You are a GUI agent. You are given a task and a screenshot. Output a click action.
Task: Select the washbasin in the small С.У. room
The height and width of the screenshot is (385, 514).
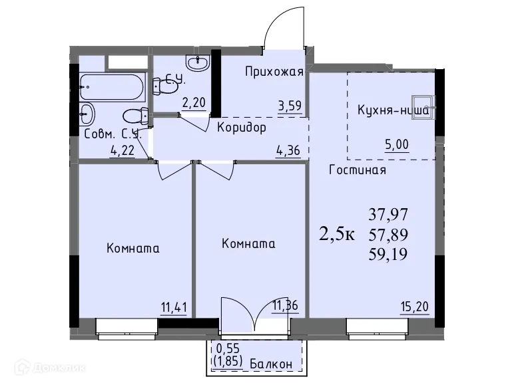(197, 63)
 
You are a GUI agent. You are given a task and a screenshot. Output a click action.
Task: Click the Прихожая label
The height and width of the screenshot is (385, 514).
(274, 72)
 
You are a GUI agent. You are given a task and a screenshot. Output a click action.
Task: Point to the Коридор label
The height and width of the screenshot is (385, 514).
(241, 127)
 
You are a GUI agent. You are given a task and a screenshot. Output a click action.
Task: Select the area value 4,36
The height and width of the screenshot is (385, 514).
(288, 150)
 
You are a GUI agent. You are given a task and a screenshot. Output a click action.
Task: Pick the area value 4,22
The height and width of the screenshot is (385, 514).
(122, 150)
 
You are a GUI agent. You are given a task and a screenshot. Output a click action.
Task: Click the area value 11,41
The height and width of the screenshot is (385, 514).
(173, 307)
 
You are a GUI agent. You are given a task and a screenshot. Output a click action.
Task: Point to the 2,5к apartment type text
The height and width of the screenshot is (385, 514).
(338, 235)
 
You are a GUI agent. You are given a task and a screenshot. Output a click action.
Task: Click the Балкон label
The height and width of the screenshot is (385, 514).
(272, 364)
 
